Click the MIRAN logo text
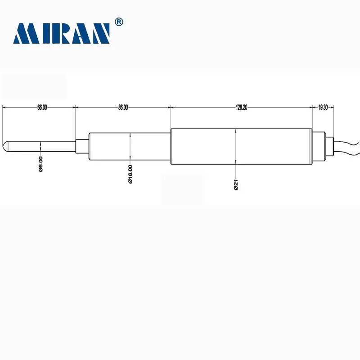pos(62,34)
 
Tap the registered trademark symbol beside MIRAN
pos(119,22)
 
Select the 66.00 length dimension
pos(41,108)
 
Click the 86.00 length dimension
pos(123,108)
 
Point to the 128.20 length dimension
pos(241,108)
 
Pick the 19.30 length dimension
pos(323,108)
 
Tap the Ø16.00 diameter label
pos(130,174)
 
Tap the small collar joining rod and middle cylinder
pos(82,146)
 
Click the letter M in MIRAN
pos(25,34)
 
